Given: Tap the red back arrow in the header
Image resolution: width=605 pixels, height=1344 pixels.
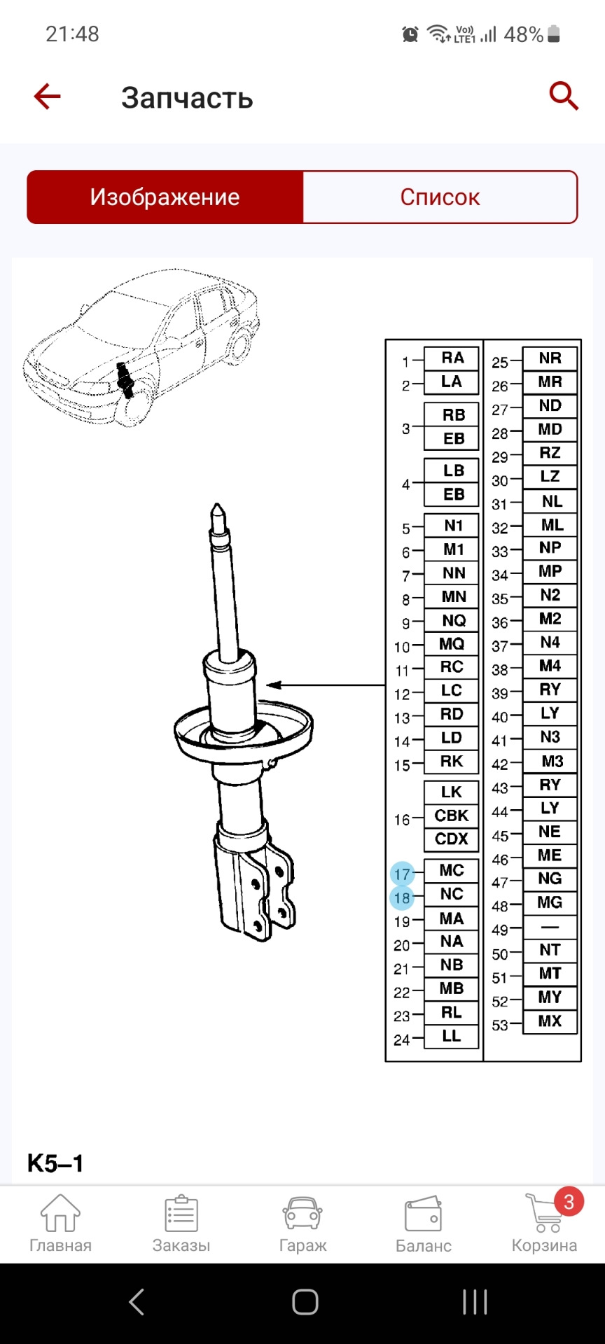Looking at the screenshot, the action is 48,97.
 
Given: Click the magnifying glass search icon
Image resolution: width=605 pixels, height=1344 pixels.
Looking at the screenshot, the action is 564,96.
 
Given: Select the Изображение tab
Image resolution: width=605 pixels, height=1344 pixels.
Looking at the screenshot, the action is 165,197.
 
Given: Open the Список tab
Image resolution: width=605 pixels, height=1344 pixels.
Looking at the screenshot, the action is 440,197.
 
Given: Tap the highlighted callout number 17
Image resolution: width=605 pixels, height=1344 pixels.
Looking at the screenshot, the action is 402,874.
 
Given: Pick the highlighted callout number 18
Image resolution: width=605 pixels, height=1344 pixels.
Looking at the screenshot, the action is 402,897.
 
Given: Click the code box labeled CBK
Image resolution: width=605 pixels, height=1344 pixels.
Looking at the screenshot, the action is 452,815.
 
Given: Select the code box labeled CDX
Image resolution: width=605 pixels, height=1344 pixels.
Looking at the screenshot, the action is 452,839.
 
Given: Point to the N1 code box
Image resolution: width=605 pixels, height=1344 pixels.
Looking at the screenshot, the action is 452,526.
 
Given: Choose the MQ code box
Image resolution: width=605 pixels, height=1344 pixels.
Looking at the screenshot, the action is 452,643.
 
